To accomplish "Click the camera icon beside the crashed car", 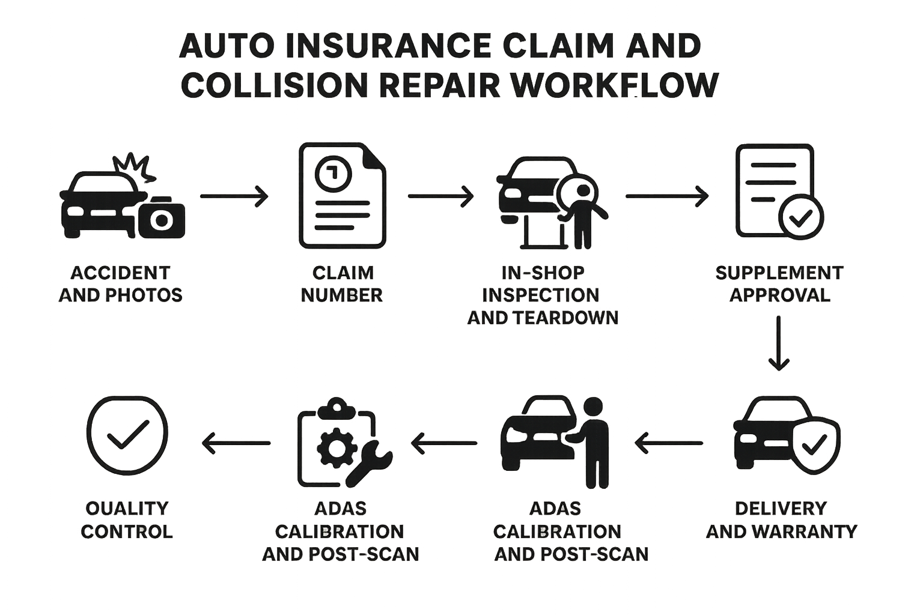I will point(161,217).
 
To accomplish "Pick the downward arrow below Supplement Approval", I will point(779,343).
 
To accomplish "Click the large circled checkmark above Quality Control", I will point(127,435).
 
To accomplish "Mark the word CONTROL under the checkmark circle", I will point(127,532).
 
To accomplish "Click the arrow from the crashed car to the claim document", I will point(234,196).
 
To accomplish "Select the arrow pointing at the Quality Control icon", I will point(236,443).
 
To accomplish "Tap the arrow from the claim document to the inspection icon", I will point(440,196).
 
